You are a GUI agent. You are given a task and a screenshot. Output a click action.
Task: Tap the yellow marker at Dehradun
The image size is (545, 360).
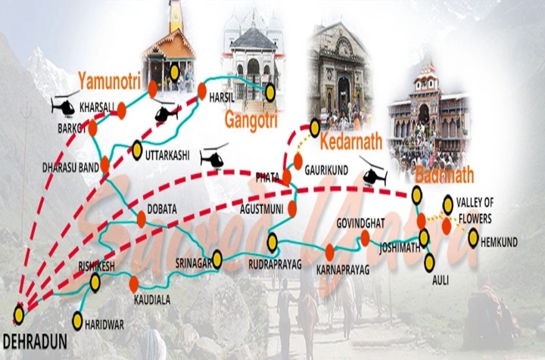19,312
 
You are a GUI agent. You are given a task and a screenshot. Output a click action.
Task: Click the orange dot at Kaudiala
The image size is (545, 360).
133,284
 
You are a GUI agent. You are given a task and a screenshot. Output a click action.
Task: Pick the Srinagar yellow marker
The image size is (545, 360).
217,259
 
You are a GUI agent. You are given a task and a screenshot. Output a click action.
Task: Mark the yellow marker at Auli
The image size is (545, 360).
430,262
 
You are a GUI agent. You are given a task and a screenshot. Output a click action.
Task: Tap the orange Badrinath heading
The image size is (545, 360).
444,175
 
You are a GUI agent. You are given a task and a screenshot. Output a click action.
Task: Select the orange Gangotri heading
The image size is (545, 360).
251,120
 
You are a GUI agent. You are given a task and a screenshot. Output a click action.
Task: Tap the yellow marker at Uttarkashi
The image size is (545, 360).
137,151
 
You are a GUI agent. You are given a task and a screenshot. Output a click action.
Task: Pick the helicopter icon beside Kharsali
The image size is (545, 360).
64,105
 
